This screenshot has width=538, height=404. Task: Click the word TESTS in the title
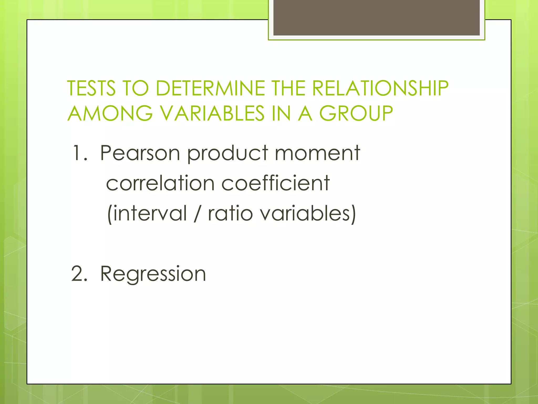pos(91,88)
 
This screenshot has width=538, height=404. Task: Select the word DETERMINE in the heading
pos(210,88)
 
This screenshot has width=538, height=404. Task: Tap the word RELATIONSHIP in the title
pos(380,88)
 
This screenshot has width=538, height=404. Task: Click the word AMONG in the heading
pos(110,113)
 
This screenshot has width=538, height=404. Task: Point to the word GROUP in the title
pos(356,113)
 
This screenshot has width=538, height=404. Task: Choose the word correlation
pos(160,183)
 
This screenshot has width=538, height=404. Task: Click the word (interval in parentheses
pos(147,213)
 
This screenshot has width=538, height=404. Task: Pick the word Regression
pos(153,274)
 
